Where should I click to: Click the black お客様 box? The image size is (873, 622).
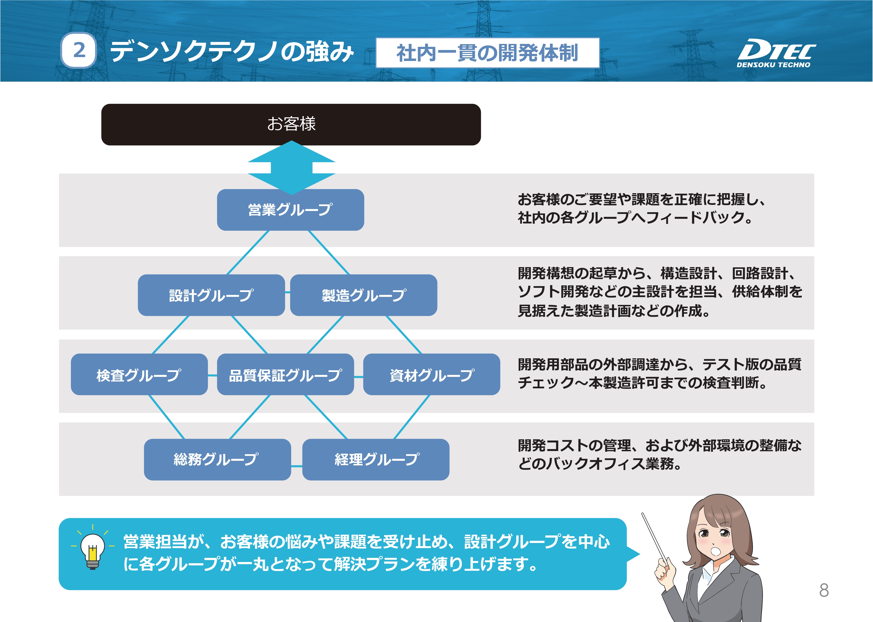[x=291, y=124]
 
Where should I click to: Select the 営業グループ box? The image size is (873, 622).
[x=291, y=210]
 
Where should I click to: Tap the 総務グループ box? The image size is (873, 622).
[x=218, y=460]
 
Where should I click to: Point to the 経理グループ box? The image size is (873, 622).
[x=376, y=460]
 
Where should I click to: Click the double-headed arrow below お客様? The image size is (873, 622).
[x=291, y=168]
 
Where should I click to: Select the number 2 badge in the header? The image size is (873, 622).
[x=79, y=50]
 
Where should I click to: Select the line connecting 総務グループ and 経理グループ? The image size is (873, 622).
[x=297, y=466]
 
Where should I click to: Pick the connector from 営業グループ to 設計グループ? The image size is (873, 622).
[x=248, y=252]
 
